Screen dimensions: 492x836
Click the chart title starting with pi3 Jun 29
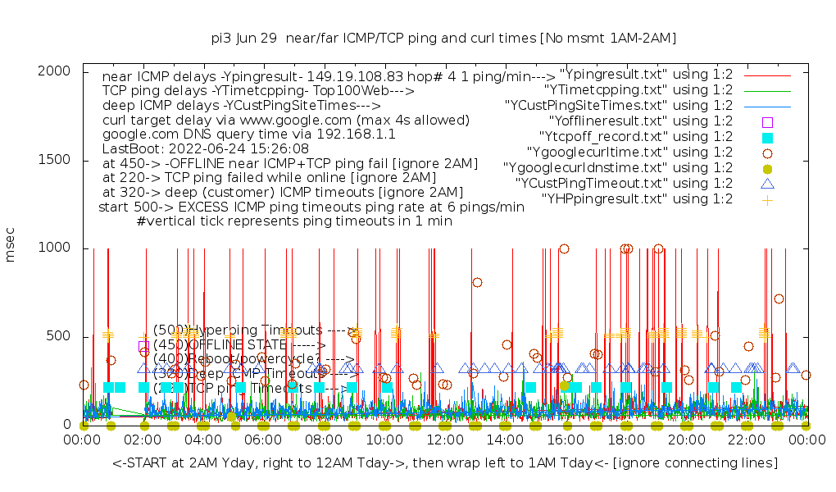[x=443, y=39]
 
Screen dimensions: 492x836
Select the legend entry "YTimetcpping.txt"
[x=638, y=90]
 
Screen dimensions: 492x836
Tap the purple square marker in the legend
[x=767, y=122]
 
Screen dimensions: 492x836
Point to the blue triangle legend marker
[x=767, y=184]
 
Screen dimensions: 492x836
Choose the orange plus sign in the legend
[x=767, y=199]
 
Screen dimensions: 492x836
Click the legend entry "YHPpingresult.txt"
[x=637, y=199]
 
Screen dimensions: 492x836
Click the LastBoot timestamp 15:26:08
[x=273, y=149]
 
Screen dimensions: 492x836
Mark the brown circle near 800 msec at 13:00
[x=477, y=283]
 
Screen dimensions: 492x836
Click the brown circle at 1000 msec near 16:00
[x=564, y=249]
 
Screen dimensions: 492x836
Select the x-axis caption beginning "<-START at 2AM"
[x=445, y=463]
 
